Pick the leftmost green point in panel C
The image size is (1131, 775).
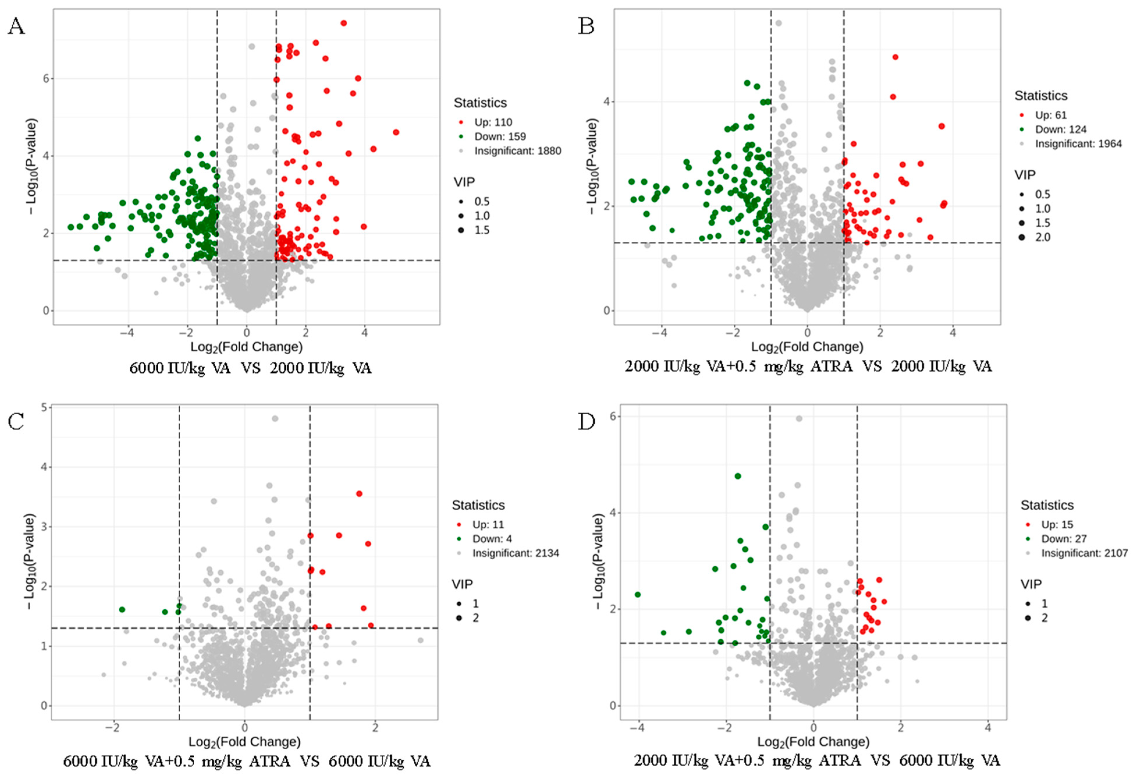point(122,609)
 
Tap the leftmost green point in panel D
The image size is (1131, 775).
point(638,594)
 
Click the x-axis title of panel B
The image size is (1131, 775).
point(807,347)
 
